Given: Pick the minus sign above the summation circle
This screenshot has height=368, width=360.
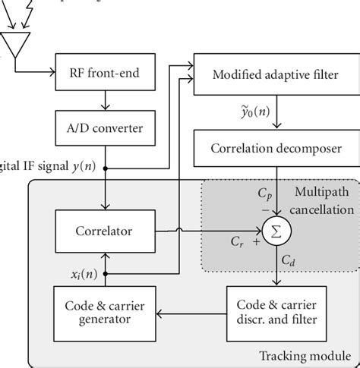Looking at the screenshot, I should tap(265, 209).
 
